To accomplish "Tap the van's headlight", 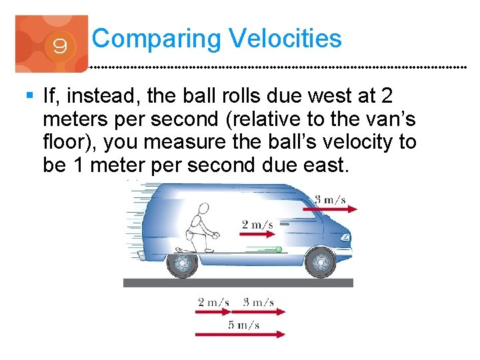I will (345, 237).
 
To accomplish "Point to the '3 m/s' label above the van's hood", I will (330, 199).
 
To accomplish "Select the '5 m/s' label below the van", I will (243, 325).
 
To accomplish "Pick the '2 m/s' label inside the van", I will (257, 224).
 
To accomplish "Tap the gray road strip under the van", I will (238, 283).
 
